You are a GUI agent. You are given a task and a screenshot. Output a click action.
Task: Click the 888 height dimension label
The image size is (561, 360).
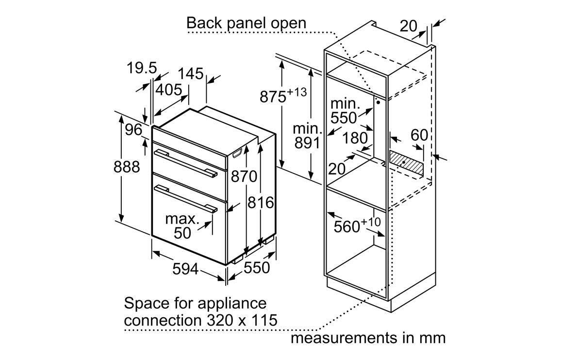pyautogui.click(x=127, y=167)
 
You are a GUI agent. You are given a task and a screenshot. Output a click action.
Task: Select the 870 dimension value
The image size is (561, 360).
pyautogui.click(x=244, y=177)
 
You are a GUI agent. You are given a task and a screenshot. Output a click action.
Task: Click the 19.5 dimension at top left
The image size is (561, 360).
pyautogui.click(x=142, y=68)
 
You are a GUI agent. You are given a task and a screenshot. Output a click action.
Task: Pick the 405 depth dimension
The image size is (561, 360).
pyautogui.click(x=168, y=90)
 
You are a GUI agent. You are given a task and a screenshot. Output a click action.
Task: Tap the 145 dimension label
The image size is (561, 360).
pyautogui.click(x=190, y=73)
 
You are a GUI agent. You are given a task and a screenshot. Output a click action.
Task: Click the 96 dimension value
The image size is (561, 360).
pyautogui.click(x=133, y=130)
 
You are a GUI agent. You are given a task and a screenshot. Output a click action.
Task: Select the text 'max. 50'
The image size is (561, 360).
pyautogui.click(x=182, y=226)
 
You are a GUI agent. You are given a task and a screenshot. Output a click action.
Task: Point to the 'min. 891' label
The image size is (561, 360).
pyautogui.click(x=307, y=136)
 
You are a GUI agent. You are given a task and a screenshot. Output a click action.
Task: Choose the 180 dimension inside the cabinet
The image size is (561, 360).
pyautogui.click(x=355, y=138)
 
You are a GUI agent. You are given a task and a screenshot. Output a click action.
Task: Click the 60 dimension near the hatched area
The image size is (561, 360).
pyautogui.click(x=419, y=135)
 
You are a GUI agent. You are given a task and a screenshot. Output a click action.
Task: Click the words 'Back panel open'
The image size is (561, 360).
pyautogui.click(x=247, y=23)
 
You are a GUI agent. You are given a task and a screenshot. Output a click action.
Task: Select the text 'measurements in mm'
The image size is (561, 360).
pyautogui.click(x=368, y=337)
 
